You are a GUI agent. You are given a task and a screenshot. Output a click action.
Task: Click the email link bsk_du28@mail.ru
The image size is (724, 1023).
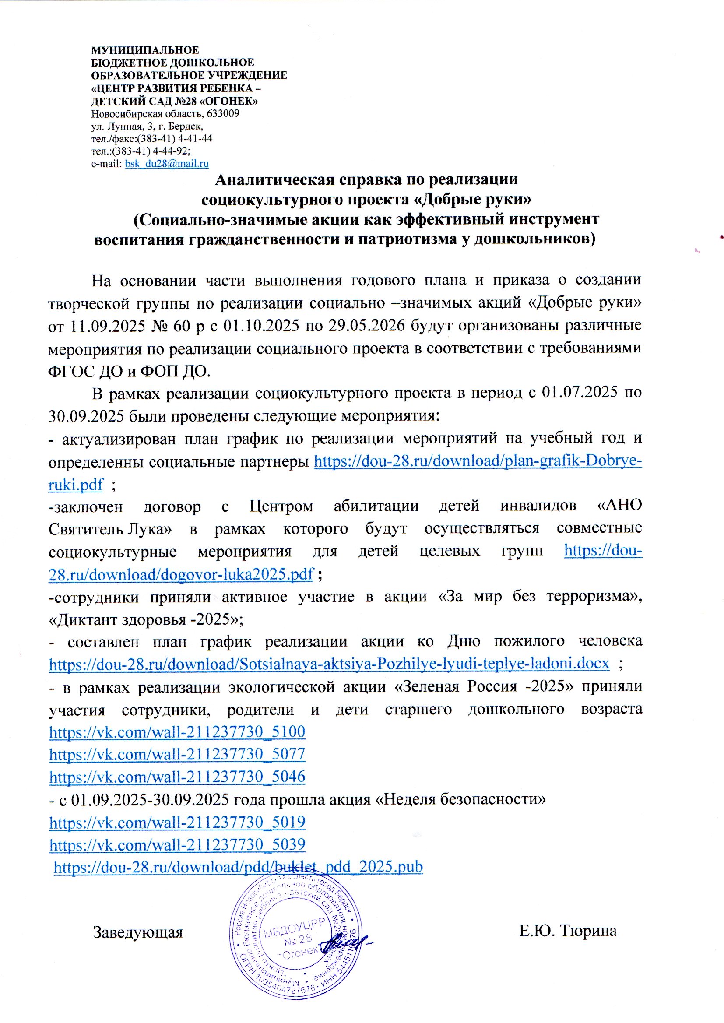167,164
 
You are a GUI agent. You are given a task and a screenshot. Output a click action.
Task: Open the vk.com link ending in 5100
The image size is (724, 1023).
177,731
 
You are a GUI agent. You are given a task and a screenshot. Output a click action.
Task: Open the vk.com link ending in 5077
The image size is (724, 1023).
177,754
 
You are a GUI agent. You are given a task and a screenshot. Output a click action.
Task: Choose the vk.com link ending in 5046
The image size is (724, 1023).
177,777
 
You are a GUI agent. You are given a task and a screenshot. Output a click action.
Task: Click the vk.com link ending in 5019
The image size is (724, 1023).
177,822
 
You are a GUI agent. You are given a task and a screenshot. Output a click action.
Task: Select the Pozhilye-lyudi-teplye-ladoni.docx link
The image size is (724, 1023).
329,664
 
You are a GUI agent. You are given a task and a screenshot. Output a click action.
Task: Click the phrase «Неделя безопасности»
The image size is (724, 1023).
461,799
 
